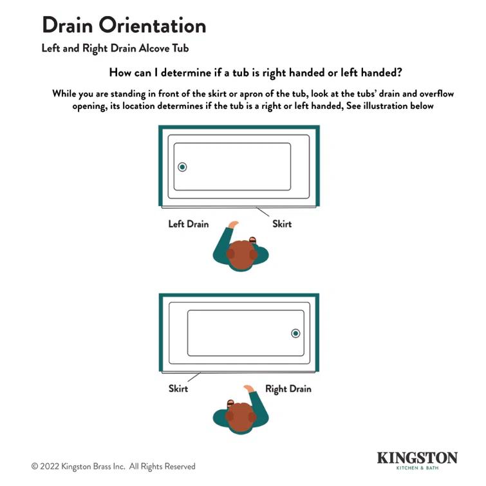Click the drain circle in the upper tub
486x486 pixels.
coord(182,167)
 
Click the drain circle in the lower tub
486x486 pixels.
coord(295,333)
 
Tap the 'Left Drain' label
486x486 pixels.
coord(189,224)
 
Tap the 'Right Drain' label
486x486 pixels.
coord(288,389)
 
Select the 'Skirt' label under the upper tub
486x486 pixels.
coord(282,224)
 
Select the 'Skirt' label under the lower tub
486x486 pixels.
coord(178,389)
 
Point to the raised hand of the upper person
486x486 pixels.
coord(232,225)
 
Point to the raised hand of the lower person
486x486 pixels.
coord(248,388)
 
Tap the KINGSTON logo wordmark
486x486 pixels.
coord(417,458)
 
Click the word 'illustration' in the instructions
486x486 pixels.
coord(391,106)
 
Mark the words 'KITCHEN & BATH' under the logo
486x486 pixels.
coord(436,469)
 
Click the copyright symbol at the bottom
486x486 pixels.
coord(35,466)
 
